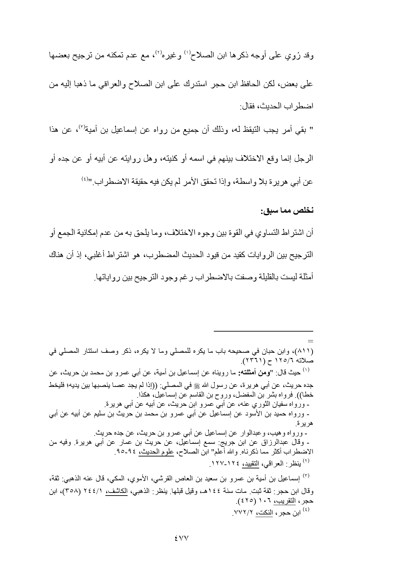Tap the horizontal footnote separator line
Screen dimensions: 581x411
(x=263, y=331)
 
